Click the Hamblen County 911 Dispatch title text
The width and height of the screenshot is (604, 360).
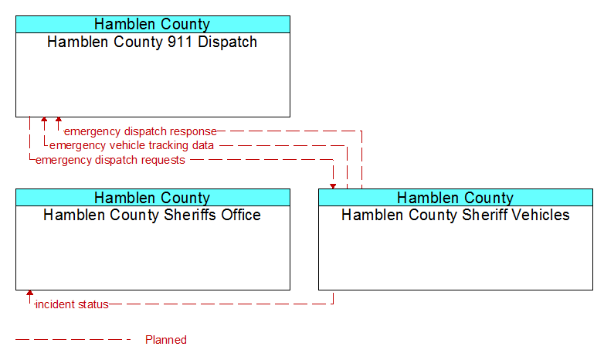coord(152,42)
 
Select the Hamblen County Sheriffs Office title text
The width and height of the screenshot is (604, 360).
coord(152,215)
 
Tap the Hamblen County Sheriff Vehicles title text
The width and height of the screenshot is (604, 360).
coord(456,215)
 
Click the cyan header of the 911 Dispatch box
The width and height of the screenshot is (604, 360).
coord(153,24)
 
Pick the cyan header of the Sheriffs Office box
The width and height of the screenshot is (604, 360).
coord(153,197)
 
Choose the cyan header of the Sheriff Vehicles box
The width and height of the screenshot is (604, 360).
coord(456,197)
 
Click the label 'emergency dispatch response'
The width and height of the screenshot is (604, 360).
coord(141,131)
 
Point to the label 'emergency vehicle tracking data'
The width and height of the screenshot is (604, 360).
coord(132,145)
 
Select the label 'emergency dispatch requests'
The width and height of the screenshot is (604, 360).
coord(110,160)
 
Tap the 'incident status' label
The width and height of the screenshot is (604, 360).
coord(72,304)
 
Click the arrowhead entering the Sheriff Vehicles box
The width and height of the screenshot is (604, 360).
coord(333,186)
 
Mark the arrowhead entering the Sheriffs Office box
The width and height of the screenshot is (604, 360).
coord(29,293)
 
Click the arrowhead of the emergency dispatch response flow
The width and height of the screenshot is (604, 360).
coord(59,120)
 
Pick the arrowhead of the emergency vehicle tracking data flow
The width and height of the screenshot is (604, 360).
coord(44,120)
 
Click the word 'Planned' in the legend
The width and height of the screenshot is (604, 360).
coord(166,340)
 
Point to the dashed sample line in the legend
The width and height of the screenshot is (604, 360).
coord(73,340)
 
